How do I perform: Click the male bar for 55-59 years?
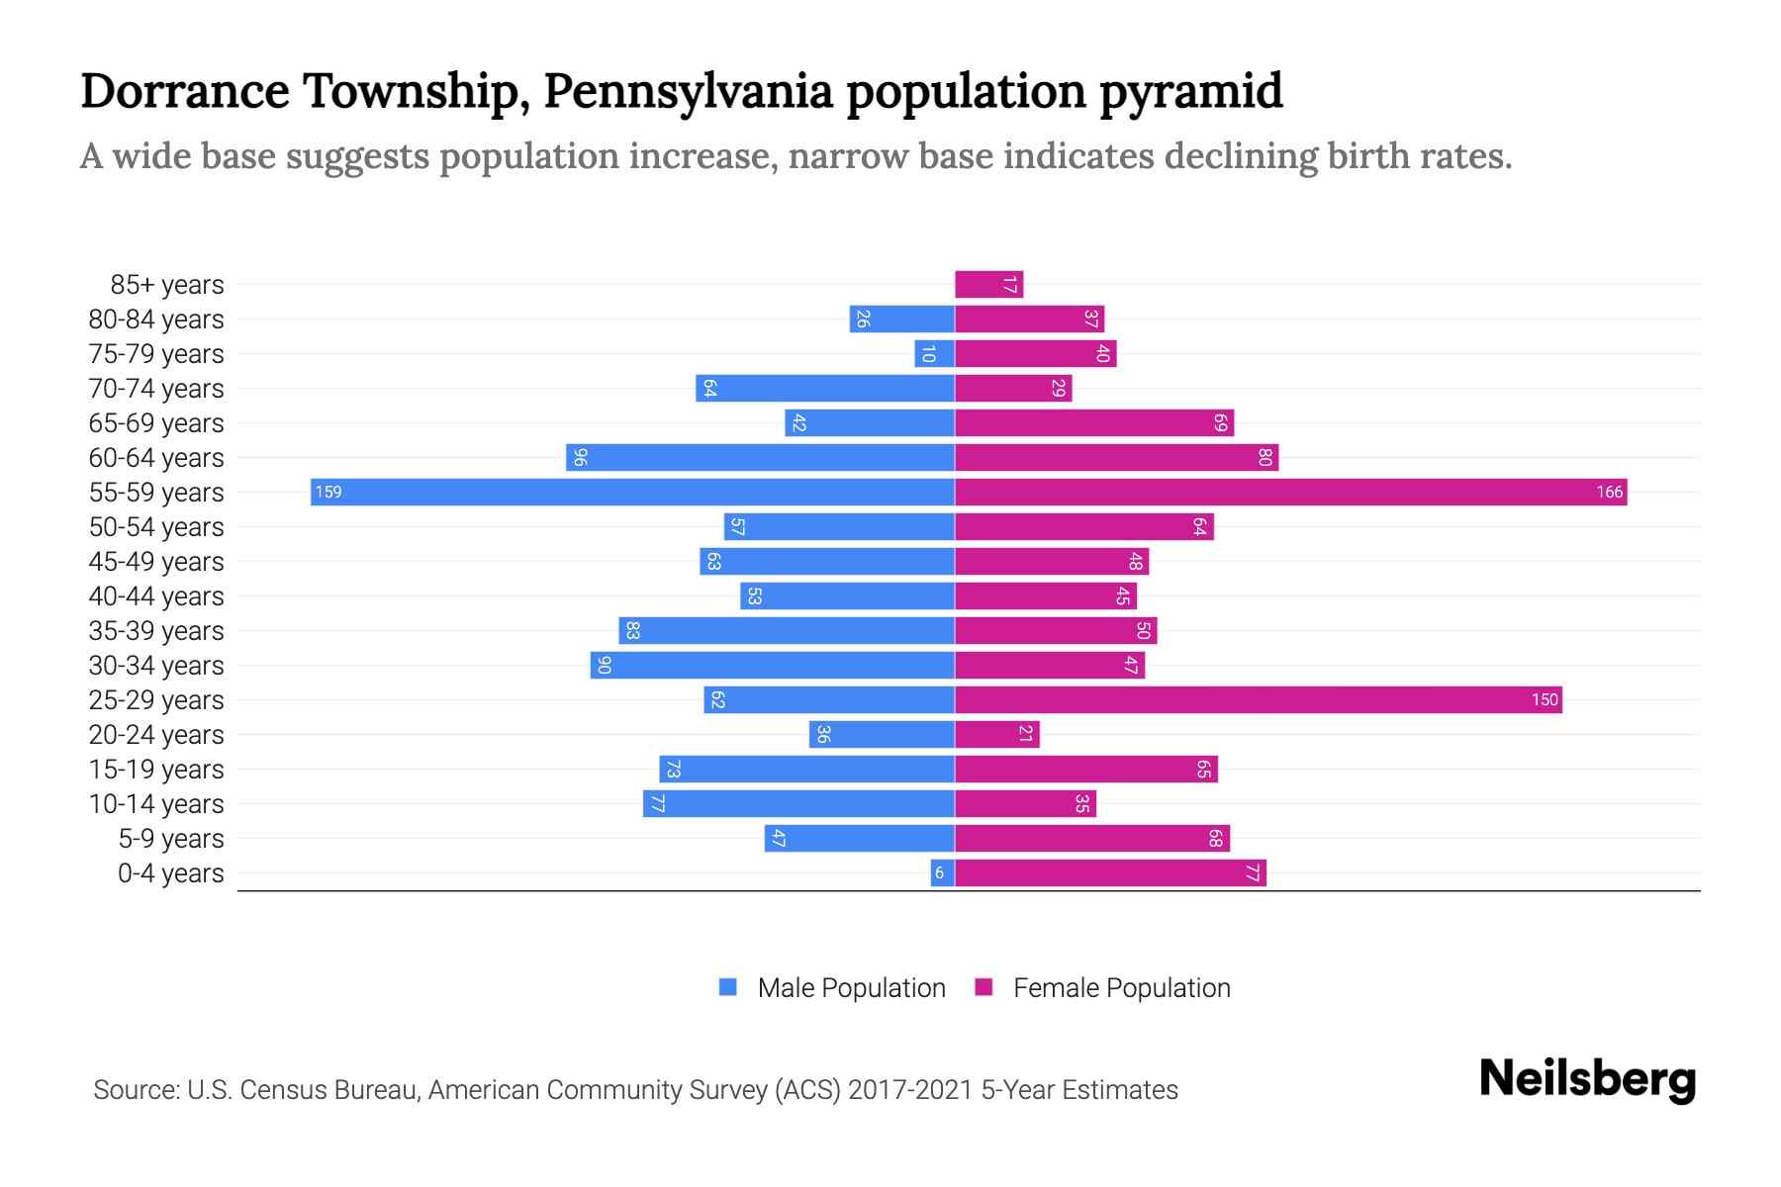[633, 492]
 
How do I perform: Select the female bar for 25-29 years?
[1257, 699]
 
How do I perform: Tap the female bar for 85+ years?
[988, 285]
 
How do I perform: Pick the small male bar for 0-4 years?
[942, 872]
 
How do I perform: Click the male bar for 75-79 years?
[934, 354]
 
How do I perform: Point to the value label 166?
[1609, 492]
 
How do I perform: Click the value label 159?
[328, 492]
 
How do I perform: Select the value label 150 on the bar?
[1545, 699]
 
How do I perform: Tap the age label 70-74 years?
[156, 389]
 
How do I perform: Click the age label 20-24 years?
[156, 735]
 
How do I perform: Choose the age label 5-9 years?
[171, 839]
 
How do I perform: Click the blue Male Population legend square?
[728, 987]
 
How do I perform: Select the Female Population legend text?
[1121, 987]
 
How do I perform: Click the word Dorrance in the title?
[185, 91]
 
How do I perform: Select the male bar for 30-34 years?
[772, 665]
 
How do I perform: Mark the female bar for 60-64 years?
[1116, 457]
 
